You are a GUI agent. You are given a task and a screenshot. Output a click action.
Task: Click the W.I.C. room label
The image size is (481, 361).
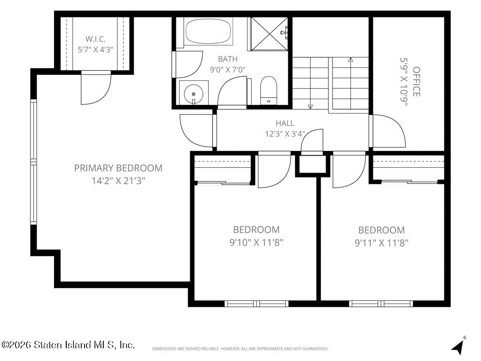coord(95,39)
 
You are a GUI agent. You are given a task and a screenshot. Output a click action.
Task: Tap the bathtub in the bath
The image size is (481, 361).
coord(208,31)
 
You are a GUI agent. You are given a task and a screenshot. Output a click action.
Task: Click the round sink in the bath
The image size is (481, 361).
coord(194,93)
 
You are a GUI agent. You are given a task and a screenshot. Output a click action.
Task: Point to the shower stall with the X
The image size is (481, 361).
coord(269,33)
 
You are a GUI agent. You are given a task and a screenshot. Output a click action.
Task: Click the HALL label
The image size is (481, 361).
coord(285,123)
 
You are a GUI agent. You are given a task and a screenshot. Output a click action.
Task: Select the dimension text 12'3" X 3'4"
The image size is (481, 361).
coord(285,134)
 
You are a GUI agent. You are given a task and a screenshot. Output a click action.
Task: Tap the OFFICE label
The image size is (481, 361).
coord(416,82)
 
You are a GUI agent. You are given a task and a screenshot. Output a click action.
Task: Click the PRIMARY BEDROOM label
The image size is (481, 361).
coord(118,168)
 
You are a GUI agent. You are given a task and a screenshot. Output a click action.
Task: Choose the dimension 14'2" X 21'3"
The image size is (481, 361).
coord(118,181)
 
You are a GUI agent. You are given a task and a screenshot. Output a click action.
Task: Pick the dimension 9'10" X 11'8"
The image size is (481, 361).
coord(256,243)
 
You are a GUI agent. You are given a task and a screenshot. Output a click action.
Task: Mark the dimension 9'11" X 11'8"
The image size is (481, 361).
coord(381,243)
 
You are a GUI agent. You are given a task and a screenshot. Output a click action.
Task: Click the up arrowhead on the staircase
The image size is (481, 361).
coord(350,60)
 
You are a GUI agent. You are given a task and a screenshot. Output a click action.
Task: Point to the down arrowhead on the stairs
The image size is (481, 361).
coord(310,107)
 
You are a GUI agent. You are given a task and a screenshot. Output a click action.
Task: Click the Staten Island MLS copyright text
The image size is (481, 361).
coord(68,345)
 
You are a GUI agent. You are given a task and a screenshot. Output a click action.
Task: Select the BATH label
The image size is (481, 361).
coord(228,59)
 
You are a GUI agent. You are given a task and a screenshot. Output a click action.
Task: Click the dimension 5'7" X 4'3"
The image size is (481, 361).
coord(95,49)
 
